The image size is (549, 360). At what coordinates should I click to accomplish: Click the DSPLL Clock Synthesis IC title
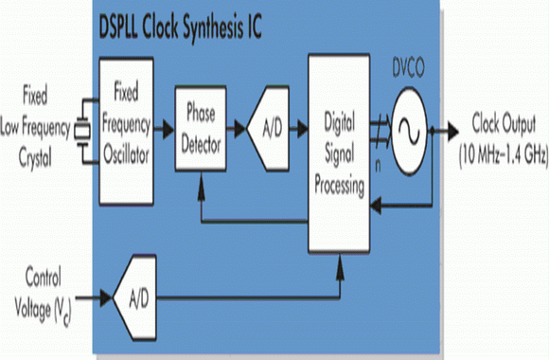[x=180, y=28]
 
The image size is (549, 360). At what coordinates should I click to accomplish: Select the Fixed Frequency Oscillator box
[x=127, y=131]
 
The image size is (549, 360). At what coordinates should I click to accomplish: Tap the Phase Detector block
[x=201, y=128]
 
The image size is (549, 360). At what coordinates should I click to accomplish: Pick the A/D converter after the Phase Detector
[x=269, y=128]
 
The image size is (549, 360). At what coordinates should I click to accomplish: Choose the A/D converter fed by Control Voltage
[x=134, y=297]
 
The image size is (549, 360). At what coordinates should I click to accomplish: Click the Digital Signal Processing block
[x=339, y=153]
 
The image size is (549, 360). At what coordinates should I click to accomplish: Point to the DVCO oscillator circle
[x=410, y=132]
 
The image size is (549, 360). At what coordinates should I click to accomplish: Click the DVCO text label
[x=408, y=68]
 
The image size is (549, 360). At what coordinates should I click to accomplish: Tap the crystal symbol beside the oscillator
[x=83, y=132]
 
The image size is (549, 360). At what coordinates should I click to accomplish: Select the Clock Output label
[x=504, y=124]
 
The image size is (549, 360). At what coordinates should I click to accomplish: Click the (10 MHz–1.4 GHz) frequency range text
[x=504, y=154]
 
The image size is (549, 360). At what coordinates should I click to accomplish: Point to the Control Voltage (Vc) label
[x=43, y=296]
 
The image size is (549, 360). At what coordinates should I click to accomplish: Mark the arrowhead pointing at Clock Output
[x=453, y=132]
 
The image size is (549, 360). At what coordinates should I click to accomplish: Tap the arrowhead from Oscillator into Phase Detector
[x=168, y=130]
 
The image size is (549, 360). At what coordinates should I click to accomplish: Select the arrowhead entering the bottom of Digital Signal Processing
[x=340, y=266]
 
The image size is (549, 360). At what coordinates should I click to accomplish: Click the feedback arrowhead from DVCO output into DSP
[x=377, y=205]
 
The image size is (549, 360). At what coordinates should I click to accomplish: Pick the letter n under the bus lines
[x=378, y=166]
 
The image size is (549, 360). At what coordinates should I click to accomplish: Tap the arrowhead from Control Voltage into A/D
[x=106, y=298]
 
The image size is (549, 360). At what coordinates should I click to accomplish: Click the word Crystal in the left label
[x=35, y=158]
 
